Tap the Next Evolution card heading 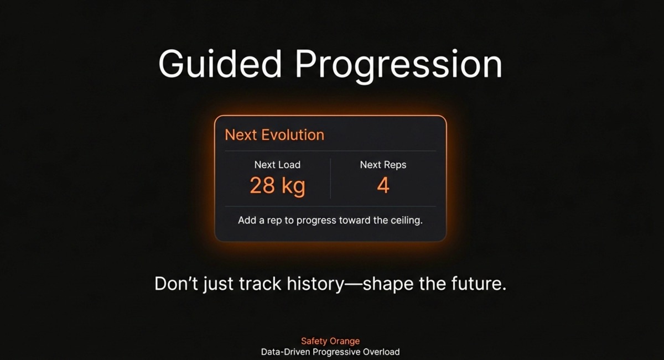pos(274,135)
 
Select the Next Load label pos(277,165)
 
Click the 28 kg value pos(277,186)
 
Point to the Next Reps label pos(383,165)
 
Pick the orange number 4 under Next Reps pos(383,186)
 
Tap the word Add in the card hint pos(247,220)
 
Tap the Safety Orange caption pos(330,341)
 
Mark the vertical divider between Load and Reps pos(330,178)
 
